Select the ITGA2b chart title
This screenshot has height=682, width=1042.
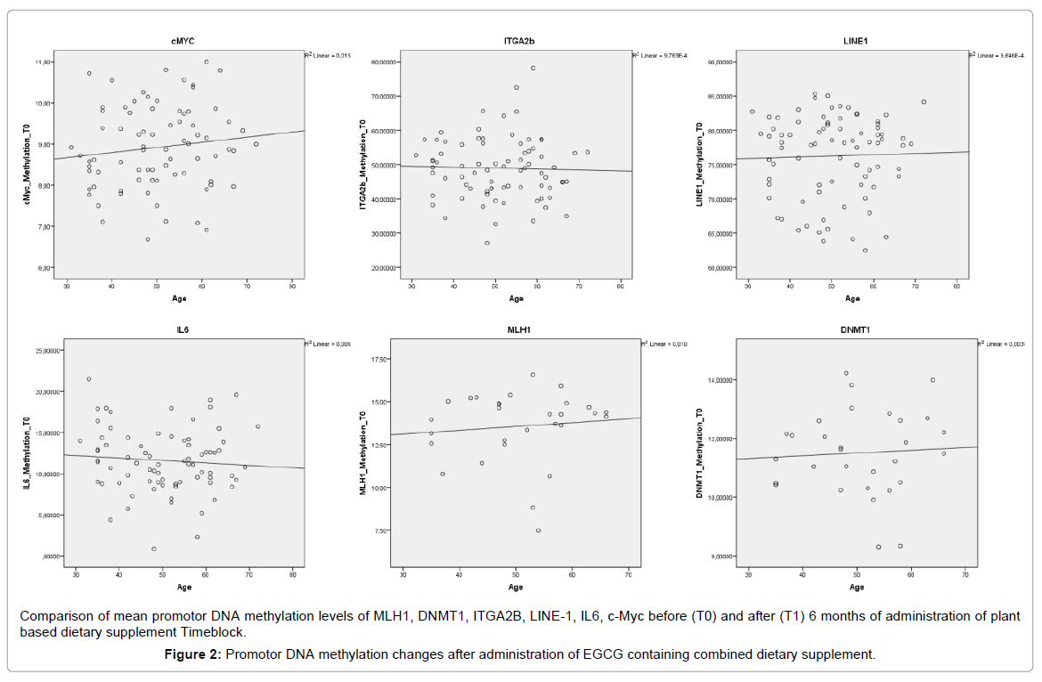tap(518, 41)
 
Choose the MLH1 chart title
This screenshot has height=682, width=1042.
tap(518, 329)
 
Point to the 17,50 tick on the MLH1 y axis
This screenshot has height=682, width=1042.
tap(381, 360)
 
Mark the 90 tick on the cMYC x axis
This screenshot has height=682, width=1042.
tap(293, 286)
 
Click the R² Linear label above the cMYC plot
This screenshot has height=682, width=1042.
tap(328, 55)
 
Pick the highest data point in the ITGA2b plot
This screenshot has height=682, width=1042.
tap(533, 68)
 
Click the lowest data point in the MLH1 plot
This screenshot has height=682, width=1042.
tap(538, 531)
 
